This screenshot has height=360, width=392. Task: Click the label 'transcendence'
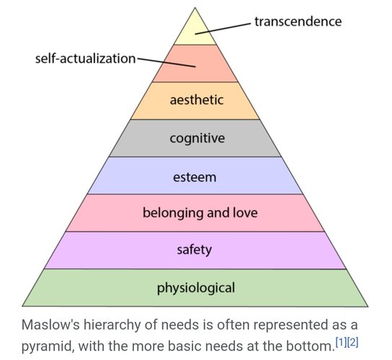(x=298, y=22)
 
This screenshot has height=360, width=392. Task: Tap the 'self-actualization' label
(x=85, y=59)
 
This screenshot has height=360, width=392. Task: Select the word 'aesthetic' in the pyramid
(x=197, y=100)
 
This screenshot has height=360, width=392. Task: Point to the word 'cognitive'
(x=197, y=138)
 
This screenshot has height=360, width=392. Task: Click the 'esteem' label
(x=195, y=177)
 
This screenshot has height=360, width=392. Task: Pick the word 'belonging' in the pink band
(x=173, y=213)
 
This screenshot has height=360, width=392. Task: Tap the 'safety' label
(x=195, y=250)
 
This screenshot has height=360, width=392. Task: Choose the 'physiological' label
(x=196, y=288)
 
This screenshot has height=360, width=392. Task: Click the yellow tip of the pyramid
(x=195, y=31)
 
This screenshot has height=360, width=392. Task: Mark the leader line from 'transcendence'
(x=223, y=29)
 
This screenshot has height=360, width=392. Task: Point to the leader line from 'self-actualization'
(x=166, y=63)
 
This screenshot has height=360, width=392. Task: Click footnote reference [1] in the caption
(x=341, y=341)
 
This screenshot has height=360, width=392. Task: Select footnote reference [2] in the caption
(x=353, y=341)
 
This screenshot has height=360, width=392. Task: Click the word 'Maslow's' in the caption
(x=50, y=325)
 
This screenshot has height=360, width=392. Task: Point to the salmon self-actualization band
(x=195, y=63)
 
